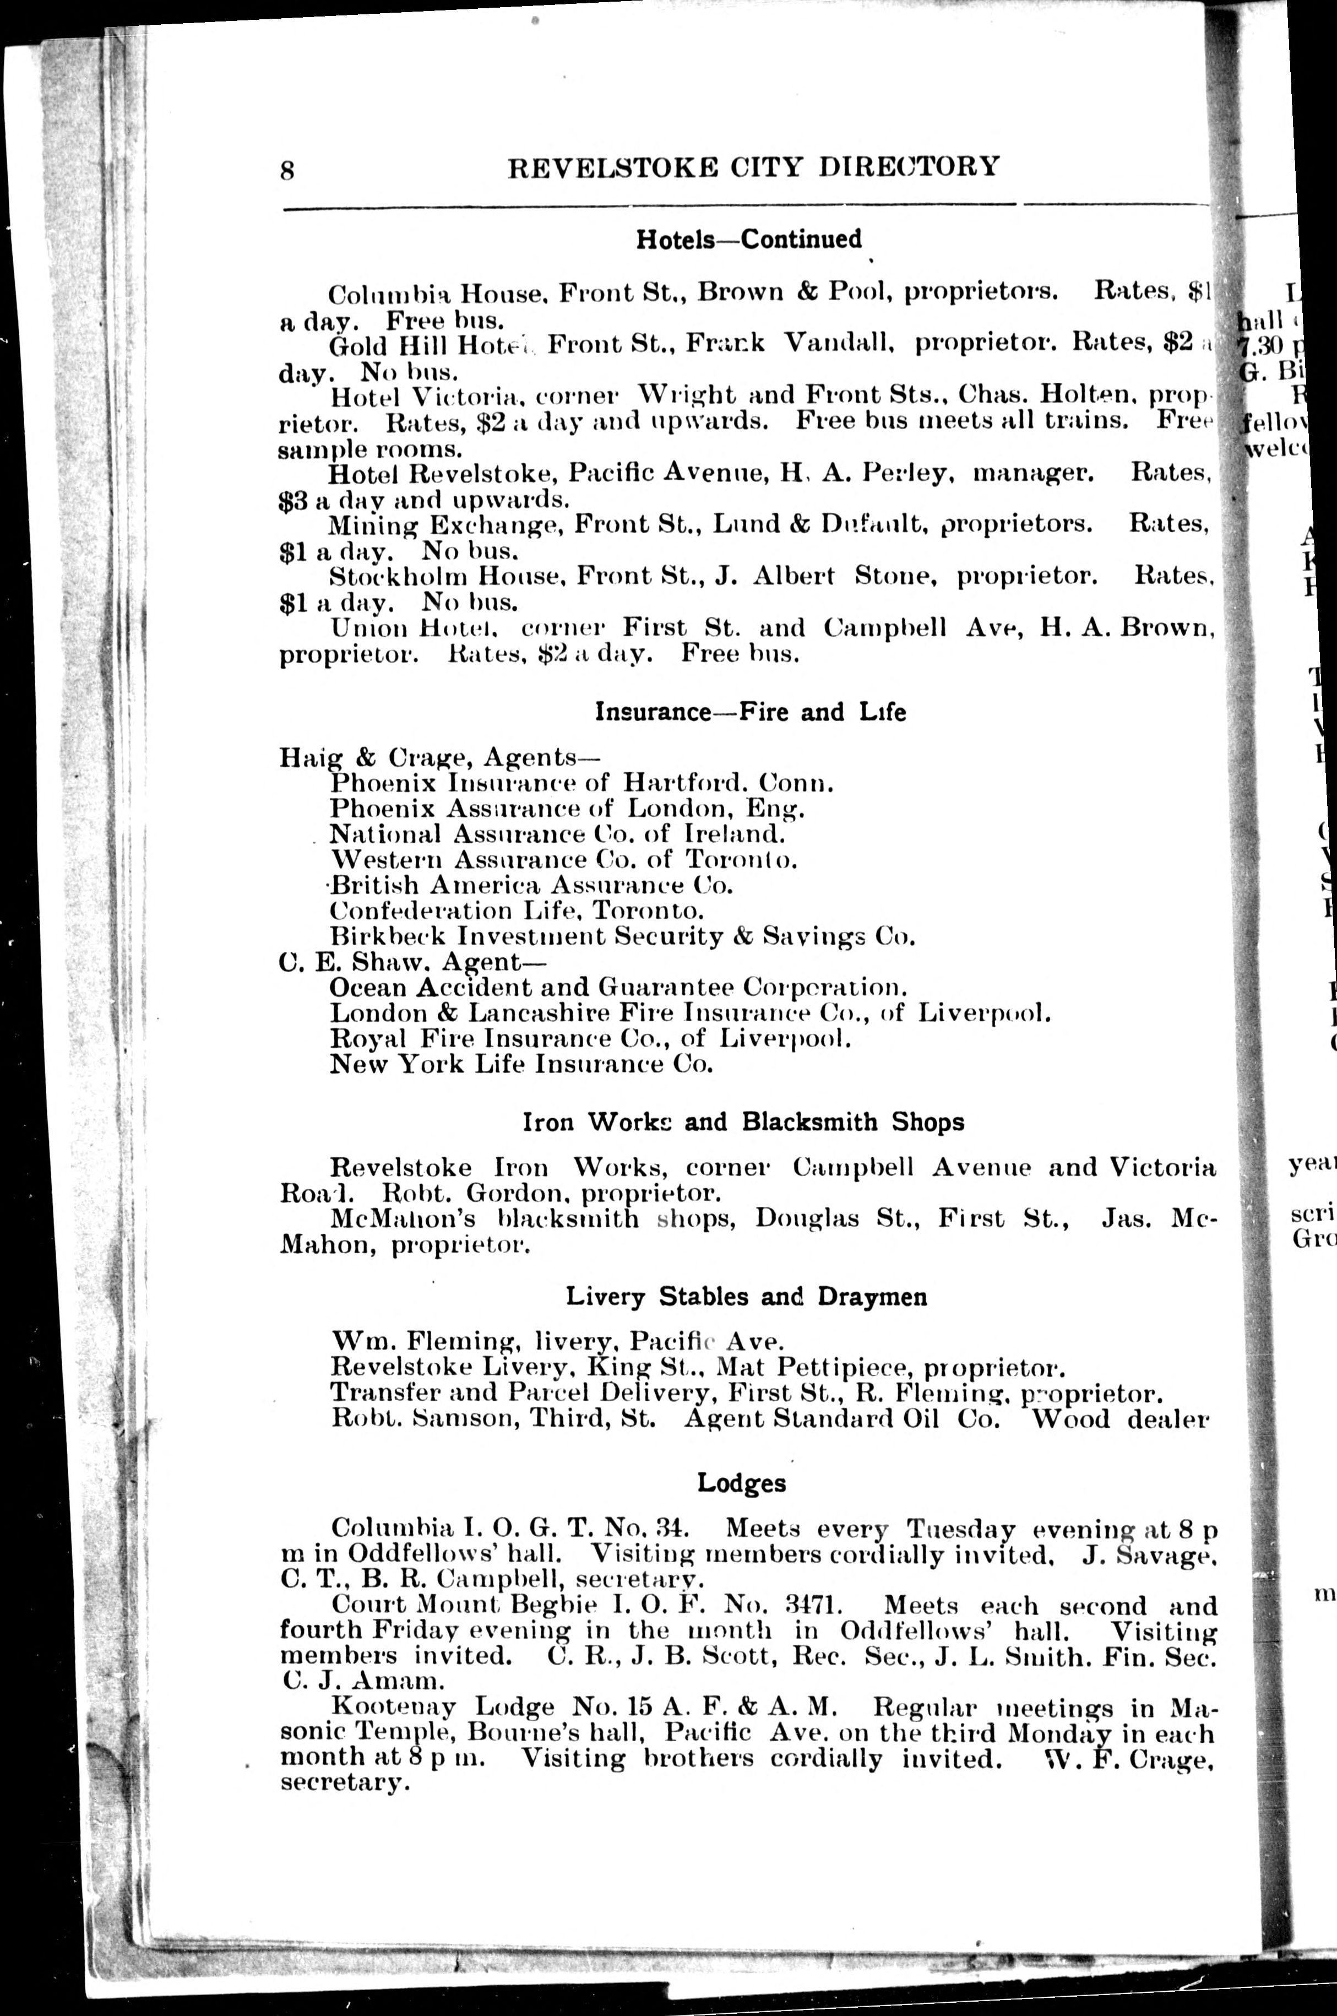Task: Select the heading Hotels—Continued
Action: pos(749,239)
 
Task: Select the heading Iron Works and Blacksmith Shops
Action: pos(743,1121)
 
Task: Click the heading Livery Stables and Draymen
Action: pos(746,1297)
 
